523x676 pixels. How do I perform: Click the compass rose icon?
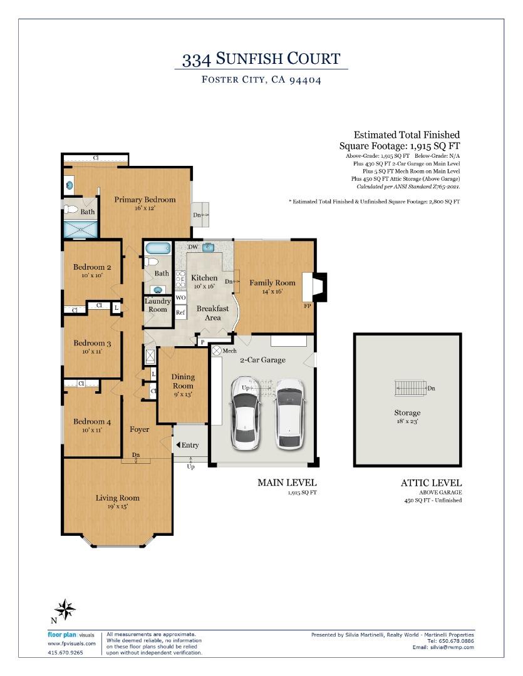(65, 610)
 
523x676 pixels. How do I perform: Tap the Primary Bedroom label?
(145, 200)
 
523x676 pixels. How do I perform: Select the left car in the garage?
(246, 413)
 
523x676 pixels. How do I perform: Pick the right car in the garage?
(290, 414)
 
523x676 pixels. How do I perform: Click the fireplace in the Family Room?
(314, 287)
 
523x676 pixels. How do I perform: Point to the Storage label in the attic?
(407, 412)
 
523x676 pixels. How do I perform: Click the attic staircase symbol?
(410, 388)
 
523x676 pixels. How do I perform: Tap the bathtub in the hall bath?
(158, 248)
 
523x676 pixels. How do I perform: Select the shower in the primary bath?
(81, 229)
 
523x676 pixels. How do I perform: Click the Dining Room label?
(183, 381)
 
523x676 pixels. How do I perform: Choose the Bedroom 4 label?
(92, 422)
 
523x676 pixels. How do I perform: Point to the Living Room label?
(117, 498)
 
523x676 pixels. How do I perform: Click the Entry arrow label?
(187, 445)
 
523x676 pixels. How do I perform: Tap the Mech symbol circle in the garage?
(216, 351)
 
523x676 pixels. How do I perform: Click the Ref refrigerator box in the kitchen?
(180, 312)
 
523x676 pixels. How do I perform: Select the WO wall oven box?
(180, 297)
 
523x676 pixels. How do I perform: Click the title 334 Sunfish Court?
(261, 59)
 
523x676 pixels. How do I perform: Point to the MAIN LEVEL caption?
(287, 483)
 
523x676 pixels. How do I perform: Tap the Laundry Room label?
(157, 305)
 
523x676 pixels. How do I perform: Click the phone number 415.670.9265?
(65, 652)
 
